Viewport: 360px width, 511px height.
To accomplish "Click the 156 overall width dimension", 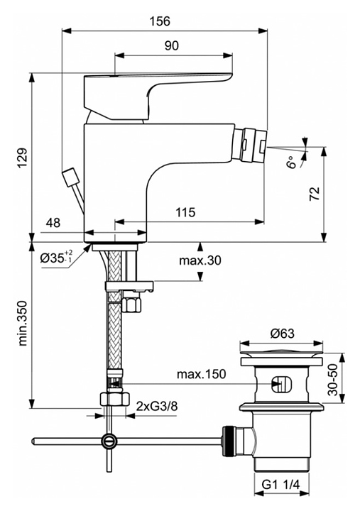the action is pyautogui.click(x=160, y=21).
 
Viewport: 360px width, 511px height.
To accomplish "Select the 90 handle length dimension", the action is pyautogui.click(x=172, y=45).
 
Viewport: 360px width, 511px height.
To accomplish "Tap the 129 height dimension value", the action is pyautogui.click(x=22, y=158).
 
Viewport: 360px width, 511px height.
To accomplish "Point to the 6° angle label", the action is pyautogui.click(x=292, y=162).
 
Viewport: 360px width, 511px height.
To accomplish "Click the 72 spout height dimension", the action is pyautogui.click(x=315, y=194).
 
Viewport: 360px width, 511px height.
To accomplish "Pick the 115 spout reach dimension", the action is pyautogui.click(x=185, y=212).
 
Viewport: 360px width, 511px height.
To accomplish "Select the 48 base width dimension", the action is pyautogui.click(x=53, y=223).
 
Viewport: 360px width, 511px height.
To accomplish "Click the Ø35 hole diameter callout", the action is pyautogui.click(x=57, y=258).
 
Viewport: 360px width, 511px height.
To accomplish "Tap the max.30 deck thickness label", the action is pyautogui.click(x=200, y=260).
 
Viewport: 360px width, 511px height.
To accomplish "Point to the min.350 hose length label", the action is pyautogui.click(x=22, y=324).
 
